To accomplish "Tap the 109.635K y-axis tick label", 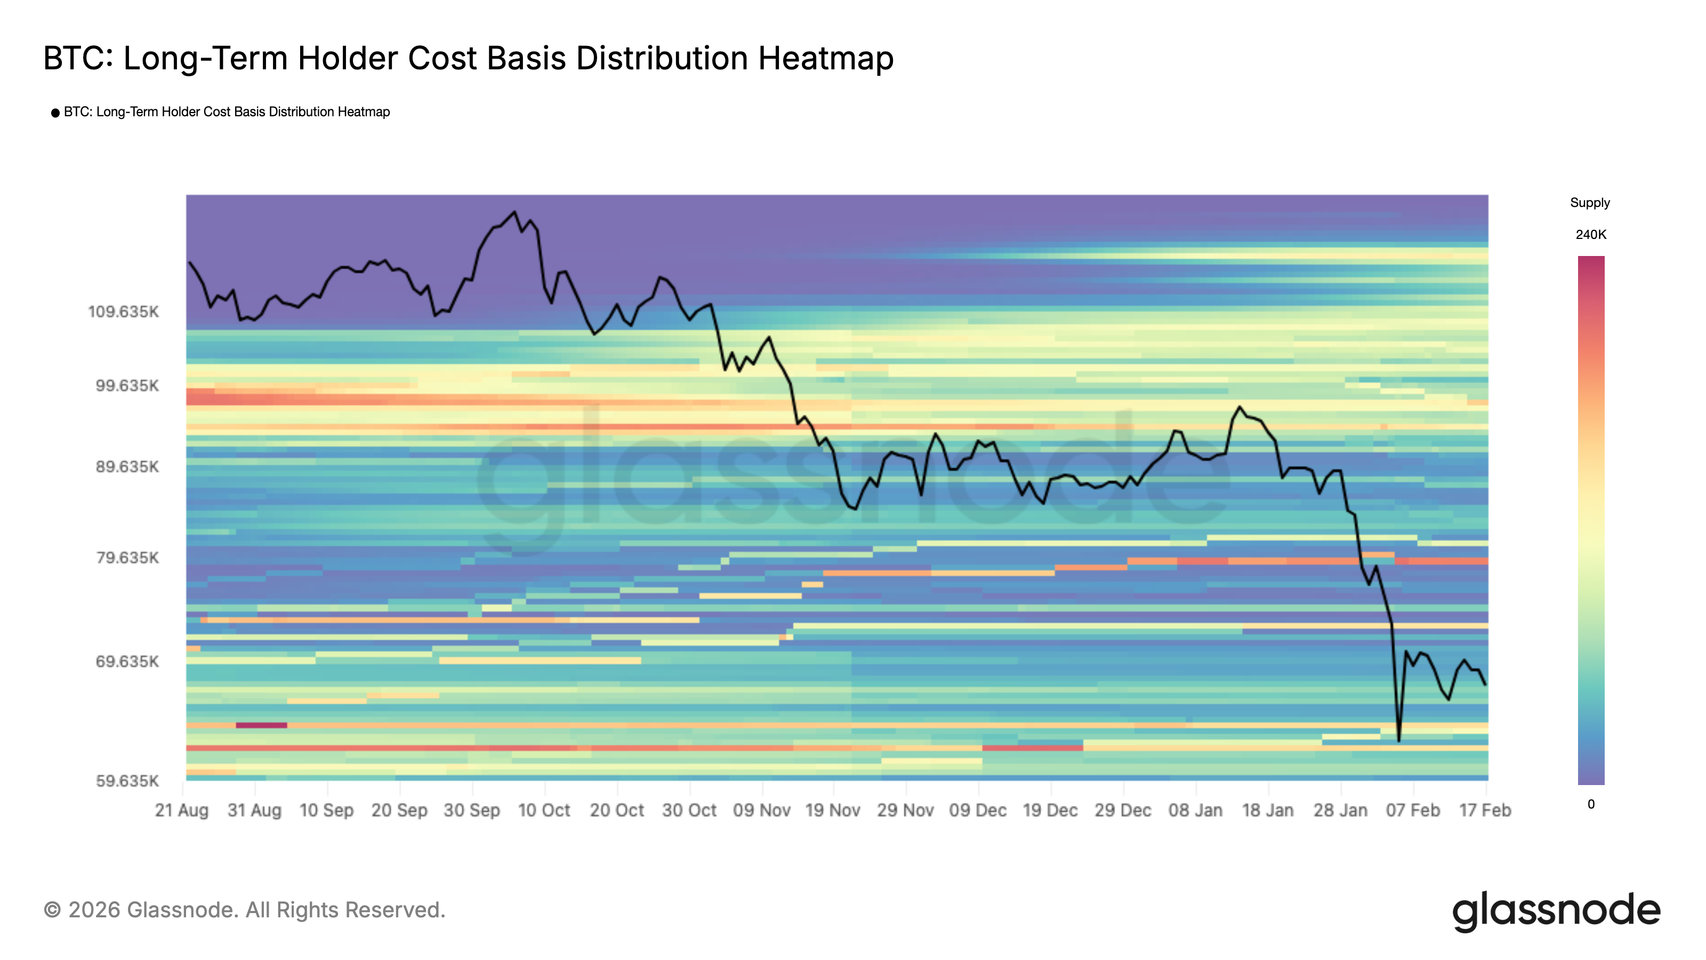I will tap(123, 312).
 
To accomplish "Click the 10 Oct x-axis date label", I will tap(544, 810).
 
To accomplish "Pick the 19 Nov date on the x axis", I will tap(832, 810).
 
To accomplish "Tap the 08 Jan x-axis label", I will tap(1195, 810).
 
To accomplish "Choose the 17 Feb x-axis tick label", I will tap(1485, 810).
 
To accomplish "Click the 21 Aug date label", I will tap(181, 810).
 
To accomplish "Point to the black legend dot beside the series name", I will tap(55, 113).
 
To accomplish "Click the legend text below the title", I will tap(227, 112).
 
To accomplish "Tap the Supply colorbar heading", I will tap(1589, 203).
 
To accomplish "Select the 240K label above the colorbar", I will tap(1590, 235).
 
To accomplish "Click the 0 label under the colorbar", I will tap(1591, 804).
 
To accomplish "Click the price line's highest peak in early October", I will tap(514, 212).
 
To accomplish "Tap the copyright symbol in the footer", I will tap(52, 910).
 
